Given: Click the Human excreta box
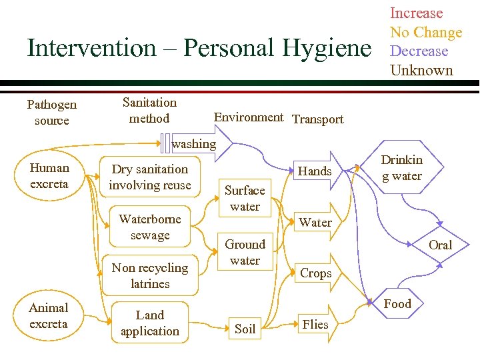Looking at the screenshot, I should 49,176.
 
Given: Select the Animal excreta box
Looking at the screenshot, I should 49,316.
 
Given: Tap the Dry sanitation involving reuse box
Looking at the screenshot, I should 150,177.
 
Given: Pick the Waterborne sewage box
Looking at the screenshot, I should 150,227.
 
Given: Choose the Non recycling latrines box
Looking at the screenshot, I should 150,275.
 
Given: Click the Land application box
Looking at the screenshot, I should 150,323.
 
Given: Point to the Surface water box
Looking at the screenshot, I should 245,198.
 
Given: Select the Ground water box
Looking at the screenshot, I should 245,252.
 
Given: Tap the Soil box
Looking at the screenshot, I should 245,329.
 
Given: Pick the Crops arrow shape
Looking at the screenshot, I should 317,273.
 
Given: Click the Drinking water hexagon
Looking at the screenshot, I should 401,168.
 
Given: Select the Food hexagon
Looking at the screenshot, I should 398,304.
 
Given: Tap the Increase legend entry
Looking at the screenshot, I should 416,13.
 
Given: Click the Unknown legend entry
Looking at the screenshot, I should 421,70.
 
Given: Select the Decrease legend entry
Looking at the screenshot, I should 419,51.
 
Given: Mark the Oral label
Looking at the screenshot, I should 440,245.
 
